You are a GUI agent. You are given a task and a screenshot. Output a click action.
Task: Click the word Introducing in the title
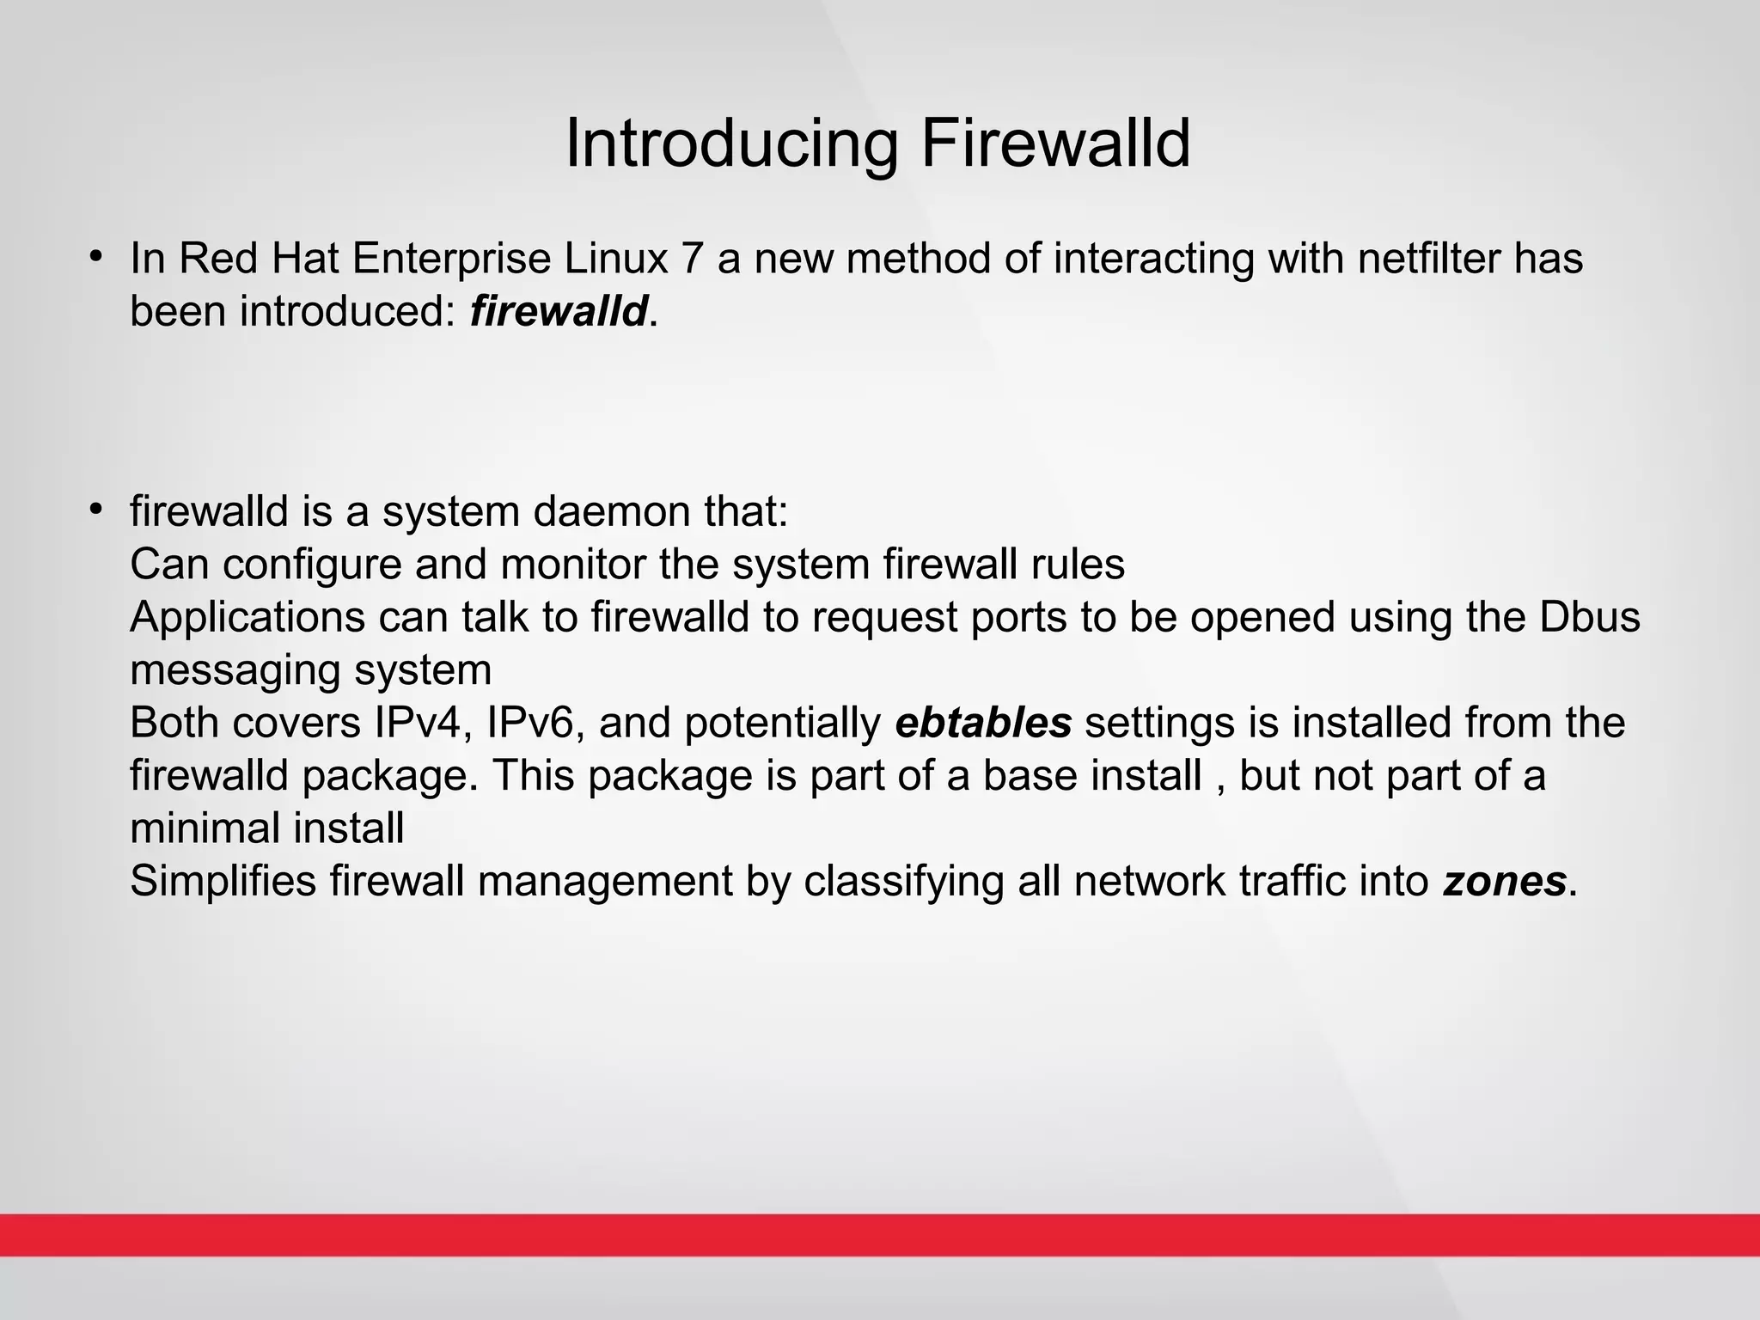click(x=731, y=144)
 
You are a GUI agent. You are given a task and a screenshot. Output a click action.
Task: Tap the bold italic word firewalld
click(x=559, y=310)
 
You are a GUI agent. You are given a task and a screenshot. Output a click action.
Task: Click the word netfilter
click(x=1437, y=258)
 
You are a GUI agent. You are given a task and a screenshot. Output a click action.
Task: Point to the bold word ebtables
click(x=983, y=723)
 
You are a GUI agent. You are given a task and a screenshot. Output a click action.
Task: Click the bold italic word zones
click(x=1504, y=881)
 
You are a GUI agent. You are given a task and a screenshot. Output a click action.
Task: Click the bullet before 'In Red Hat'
click(x=96, y=257)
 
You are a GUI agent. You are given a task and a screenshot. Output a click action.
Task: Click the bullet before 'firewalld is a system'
click(x=96, y=510)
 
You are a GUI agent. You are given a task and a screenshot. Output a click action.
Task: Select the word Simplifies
click(x=223, y=881)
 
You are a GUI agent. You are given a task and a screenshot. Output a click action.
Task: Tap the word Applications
click(x=247, y=617)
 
